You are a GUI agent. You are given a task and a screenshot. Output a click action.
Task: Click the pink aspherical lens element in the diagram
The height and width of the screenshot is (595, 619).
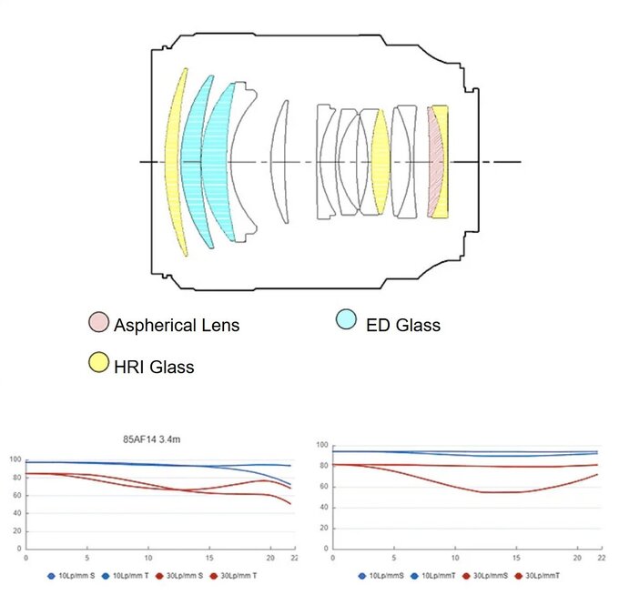pos(436,162)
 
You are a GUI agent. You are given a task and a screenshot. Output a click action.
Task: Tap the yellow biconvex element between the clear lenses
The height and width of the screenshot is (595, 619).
pos(381,162)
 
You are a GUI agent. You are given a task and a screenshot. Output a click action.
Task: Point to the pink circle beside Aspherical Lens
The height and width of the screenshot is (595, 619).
pos(99,322)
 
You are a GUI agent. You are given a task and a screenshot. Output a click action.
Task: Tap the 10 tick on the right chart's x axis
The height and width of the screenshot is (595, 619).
pos(454,557)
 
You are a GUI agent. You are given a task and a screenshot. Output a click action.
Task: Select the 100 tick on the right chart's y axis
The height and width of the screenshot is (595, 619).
pos(320,445)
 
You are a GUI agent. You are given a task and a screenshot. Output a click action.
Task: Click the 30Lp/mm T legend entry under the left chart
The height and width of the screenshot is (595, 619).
pos(238,576)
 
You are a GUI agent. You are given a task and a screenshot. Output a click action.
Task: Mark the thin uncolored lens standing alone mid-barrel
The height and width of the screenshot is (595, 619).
pos(281,162)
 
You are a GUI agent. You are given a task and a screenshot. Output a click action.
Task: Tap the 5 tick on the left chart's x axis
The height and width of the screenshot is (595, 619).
pos(86,557)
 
